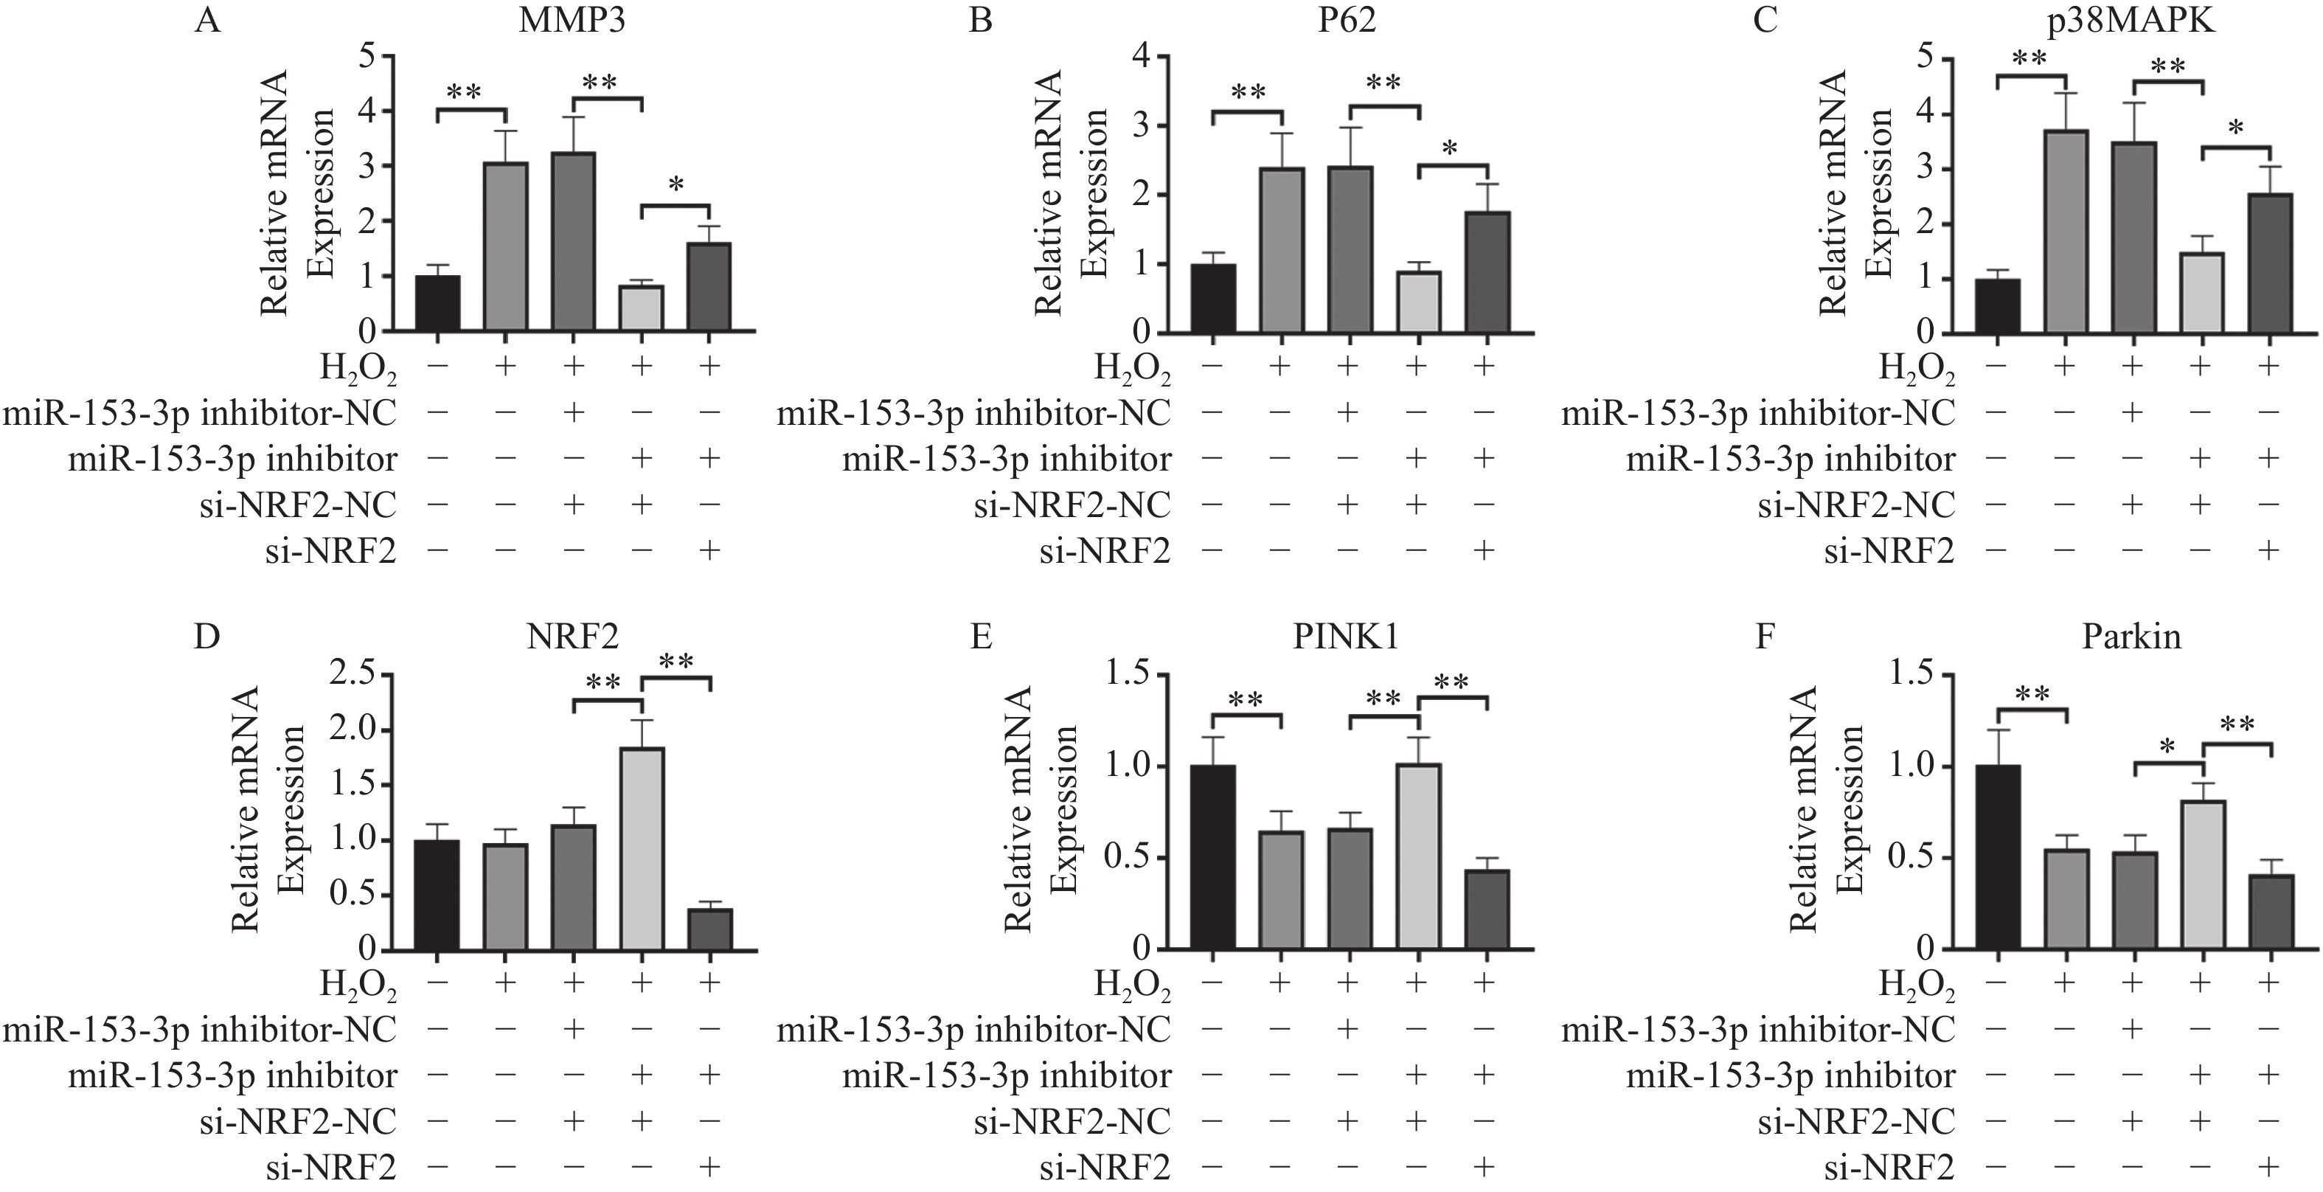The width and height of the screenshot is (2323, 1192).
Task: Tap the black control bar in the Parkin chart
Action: tap(1998, 856)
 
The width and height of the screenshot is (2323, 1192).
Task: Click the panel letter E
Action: tap(980, 637)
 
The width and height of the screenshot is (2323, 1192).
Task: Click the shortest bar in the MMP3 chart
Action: tap(641, 308)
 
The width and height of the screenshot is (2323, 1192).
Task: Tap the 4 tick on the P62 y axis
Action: tap(1144, 56)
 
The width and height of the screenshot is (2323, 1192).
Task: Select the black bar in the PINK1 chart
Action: tap(1213, 856)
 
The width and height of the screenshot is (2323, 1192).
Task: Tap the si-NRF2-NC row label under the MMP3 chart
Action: tap(298, 505)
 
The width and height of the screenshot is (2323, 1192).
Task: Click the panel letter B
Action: tap(980, 20)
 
